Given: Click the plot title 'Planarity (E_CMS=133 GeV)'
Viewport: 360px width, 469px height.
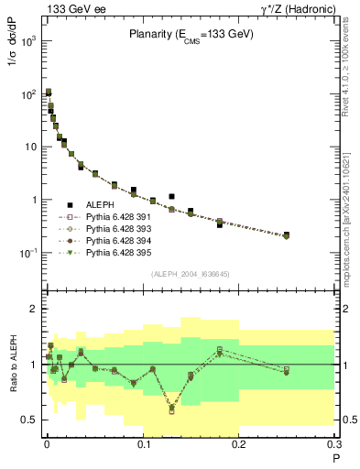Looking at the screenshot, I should pyautogui.click(x=190, y=34).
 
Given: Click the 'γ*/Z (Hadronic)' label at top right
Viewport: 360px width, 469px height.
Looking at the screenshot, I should pyautogui.click(x=295, y=8).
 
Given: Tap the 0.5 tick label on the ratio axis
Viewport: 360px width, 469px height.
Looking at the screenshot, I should pyautogui.click(x=28, y=420).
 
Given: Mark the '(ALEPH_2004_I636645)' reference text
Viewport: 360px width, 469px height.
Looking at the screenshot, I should pyautogui.click(x=190, y=273).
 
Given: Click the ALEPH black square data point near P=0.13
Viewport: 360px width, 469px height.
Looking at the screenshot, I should pyautogui.click(x=171, y=196).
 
